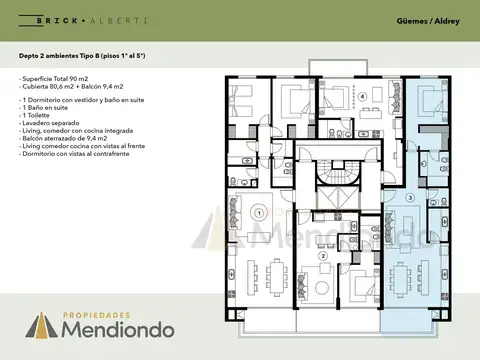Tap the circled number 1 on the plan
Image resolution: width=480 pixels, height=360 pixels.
(x=258, y=212)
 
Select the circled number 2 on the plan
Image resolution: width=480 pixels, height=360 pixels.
(x=322, y=256)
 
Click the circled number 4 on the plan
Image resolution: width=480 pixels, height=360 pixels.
(x=362, y=96)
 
